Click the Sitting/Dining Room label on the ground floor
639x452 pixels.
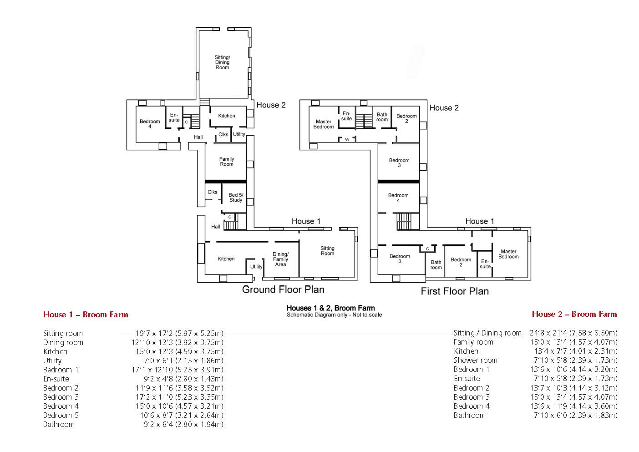click(x=222, y=62)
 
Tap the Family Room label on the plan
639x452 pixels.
click(x=227, y=162)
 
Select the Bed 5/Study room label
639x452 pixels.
click(x=236, y=198)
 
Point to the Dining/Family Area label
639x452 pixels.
click(x=280, y=259)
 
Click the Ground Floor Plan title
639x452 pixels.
click(x=283, y=289)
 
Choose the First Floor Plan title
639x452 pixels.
click(x=455, y=291)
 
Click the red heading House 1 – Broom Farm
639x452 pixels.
click(x=86, y=315)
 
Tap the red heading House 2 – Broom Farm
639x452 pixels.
click(x=574, y=314)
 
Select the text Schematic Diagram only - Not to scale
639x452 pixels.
click(x=335, y=315)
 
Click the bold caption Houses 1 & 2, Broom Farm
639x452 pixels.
click(x=330, y=308)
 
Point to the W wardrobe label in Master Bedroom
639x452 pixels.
click(x=347, y=140)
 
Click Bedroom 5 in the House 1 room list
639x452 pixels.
click(x=61, y=415)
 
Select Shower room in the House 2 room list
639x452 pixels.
click(x=475, y=360)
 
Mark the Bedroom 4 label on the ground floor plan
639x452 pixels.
click(x=150, y=124)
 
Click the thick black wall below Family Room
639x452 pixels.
click(x=226, y=182)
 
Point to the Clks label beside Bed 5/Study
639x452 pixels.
click(x=213, y=192)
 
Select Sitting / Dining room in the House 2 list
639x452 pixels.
click(x=487, y=333)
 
